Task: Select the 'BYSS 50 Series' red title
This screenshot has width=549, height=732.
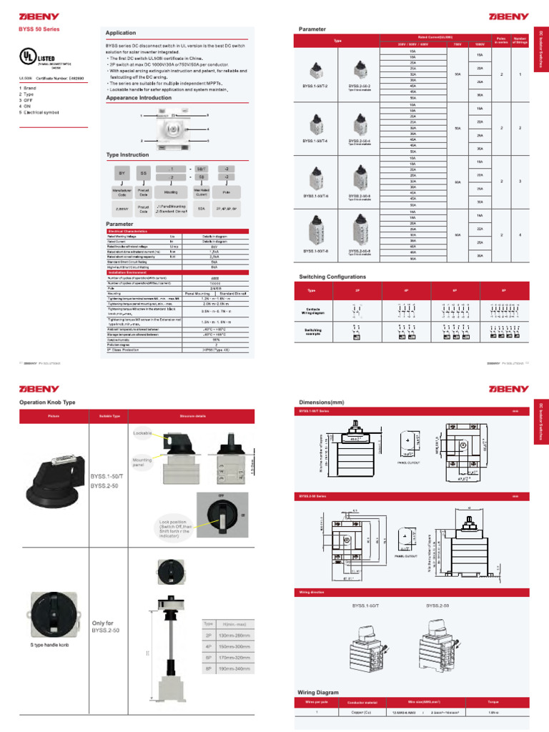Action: click(x=39, y=29)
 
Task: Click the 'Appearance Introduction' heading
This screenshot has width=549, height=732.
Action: click(x=139, y=97)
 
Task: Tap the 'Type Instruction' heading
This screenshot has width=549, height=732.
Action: click(x=127, y=154)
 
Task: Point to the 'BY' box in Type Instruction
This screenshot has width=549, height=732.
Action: click(x=119, y=173)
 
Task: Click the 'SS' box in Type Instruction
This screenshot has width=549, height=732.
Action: click(x=143, y=173)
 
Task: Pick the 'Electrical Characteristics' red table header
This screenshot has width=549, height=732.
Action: click(x=129, y=232)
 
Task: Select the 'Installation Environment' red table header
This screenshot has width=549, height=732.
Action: click(x=128, y=272)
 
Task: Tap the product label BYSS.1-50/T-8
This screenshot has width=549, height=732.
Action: click(x=315, y=251)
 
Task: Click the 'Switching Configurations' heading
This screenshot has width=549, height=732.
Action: click(x=332, y=277)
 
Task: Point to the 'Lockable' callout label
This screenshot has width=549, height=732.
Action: click(x=142, y=433)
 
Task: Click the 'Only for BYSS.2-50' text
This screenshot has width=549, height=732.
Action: click(x=104, y=626)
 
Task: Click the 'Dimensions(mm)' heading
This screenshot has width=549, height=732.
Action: click(x=321, y=402)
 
